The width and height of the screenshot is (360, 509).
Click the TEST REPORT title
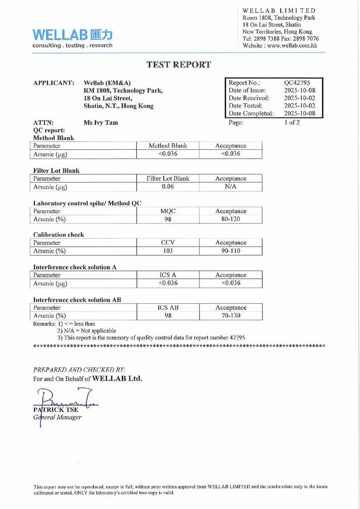pos(180,64)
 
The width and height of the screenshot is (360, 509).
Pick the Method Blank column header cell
pos(168,146)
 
